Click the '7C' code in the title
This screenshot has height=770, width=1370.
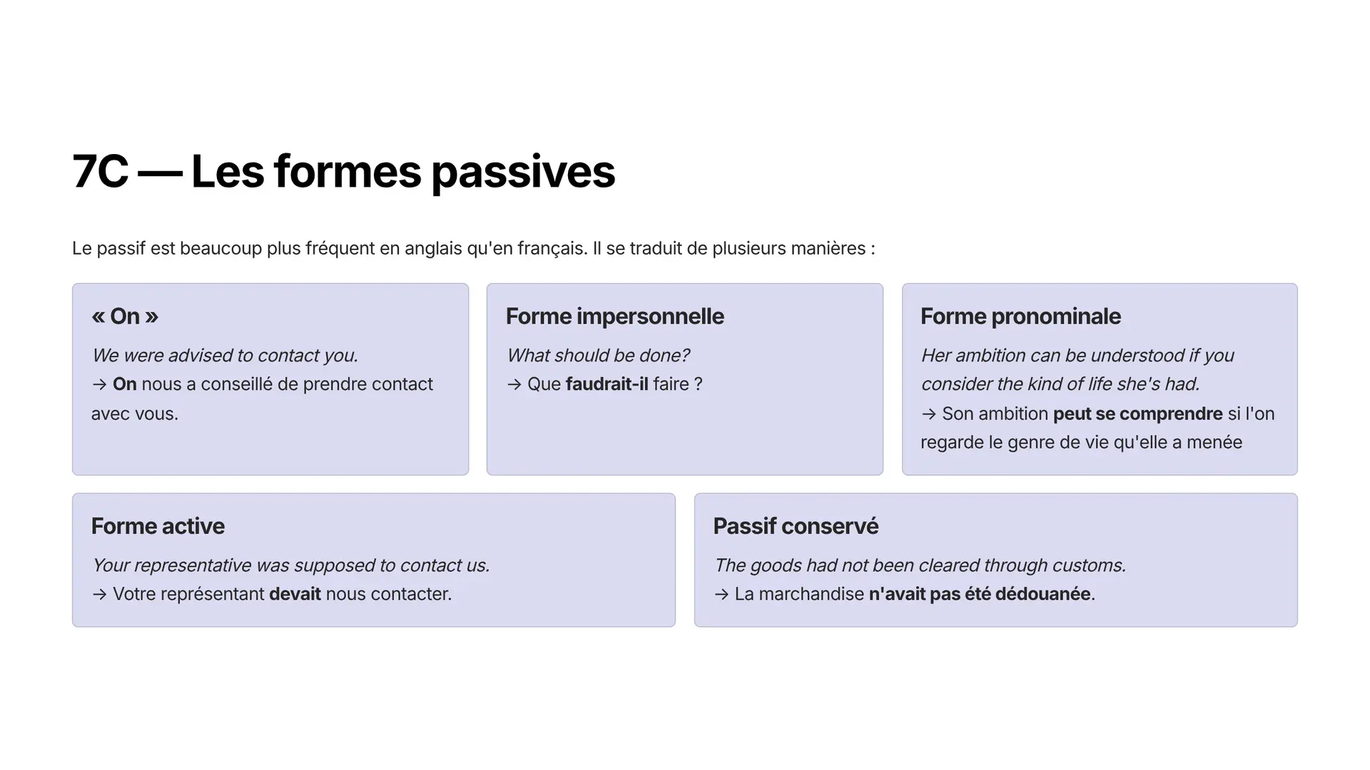[101, 172]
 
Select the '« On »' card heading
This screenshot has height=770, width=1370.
[125, 316]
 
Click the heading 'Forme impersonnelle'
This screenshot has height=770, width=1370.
[615, 316]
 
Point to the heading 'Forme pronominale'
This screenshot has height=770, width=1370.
[1020, 316]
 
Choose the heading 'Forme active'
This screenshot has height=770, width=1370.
[158, 526]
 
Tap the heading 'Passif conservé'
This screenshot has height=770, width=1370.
[796, 526]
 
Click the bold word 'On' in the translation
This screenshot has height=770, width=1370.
[125, 384]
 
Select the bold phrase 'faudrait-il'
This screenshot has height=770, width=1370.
[607, 384]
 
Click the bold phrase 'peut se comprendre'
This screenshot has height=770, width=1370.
[1138, 414]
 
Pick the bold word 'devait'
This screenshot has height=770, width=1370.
[295, 594]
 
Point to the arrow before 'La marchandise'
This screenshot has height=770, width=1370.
[721, 595]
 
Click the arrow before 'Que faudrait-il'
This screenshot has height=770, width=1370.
[514, 385]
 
